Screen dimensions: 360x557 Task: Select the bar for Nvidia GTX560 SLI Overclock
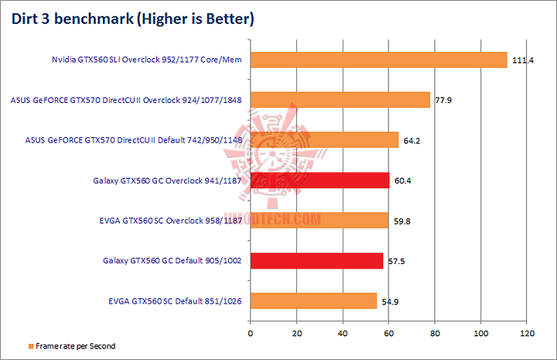point(378,60)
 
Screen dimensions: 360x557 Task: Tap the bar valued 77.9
point(340,100)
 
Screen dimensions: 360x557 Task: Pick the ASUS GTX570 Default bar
point(324,140)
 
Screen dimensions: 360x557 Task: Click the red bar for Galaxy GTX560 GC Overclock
point(320,180)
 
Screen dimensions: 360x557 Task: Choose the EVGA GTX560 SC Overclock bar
point(319,221)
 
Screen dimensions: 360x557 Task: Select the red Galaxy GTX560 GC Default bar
point(316,261)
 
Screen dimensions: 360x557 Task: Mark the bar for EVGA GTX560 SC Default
point(313,301)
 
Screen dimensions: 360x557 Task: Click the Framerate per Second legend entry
point(71,346)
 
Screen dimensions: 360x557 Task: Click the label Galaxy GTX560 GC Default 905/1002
point(171,261)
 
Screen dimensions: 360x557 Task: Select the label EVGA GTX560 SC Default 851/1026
point(175,301)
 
